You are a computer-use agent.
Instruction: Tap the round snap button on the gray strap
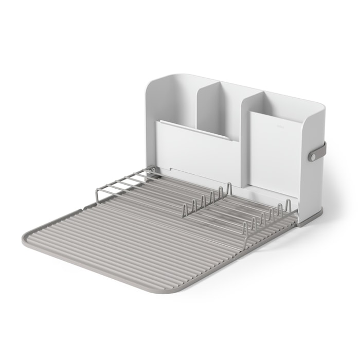(313, 155)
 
